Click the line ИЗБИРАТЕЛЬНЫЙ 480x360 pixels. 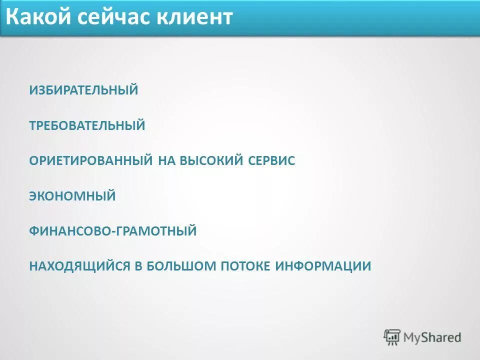point(83,90)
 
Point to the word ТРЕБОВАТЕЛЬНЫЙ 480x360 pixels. point(87,125)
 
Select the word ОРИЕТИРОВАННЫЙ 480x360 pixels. point(90,160)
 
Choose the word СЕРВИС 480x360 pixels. point(272,160)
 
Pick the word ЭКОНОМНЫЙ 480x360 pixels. point(72,196)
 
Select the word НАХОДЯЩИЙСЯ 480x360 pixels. point(79,266)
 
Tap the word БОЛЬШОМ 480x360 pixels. point(180,266)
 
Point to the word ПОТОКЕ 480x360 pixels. point(245,266)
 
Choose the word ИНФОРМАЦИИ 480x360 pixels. point(323,266)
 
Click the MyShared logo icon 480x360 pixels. point(392,337)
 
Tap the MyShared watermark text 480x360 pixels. point(432,337)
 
